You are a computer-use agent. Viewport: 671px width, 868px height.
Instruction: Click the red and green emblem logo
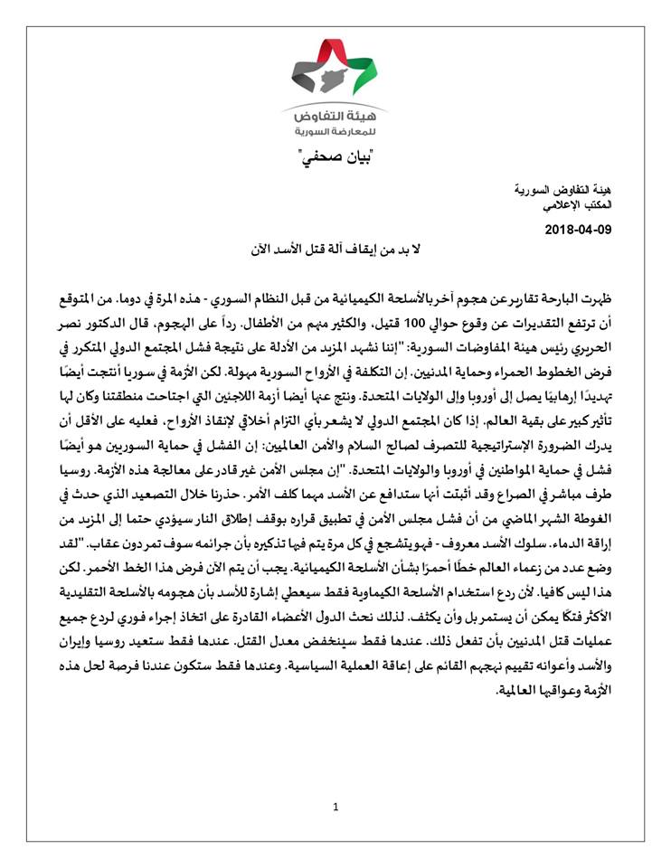pos(336,70)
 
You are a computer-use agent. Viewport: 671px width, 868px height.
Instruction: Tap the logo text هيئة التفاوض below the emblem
pos(335,118)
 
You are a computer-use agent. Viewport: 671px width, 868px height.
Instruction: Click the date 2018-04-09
pos(579,230)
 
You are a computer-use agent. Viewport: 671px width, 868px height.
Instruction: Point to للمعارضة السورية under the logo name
pos(335,133)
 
